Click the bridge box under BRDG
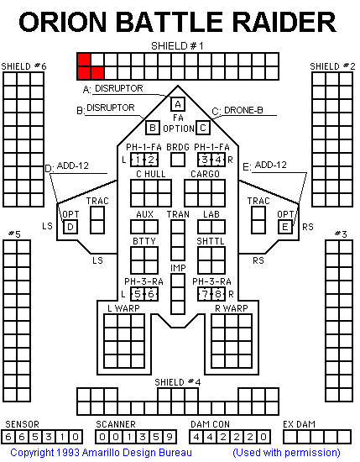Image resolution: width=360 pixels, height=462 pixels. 178,160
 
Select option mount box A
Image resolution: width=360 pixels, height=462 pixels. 178,104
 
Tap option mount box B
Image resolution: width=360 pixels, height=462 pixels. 153,128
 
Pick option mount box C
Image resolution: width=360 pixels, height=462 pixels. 203,128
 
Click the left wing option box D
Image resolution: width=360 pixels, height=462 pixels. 70,227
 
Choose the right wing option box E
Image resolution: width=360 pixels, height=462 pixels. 285,227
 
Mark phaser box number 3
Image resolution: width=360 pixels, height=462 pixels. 205,160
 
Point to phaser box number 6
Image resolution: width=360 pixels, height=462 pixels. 151,294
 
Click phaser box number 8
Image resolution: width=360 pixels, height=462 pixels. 218,294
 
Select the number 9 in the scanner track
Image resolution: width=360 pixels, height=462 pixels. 170,437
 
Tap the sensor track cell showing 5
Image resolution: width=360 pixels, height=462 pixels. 35,437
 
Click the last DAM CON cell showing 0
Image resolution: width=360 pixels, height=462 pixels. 263,437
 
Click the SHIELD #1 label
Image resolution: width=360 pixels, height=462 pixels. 177,46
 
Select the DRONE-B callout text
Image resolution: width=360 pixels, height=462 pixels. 243,110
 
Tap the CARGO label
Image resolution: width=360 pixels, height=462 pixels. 205,174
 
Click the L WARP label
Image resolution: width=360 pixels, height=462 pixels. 123,308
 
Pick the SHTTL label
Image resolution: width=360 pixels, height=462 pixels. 211,241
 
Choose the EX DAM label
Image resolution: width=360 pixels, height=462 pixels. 299,424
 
